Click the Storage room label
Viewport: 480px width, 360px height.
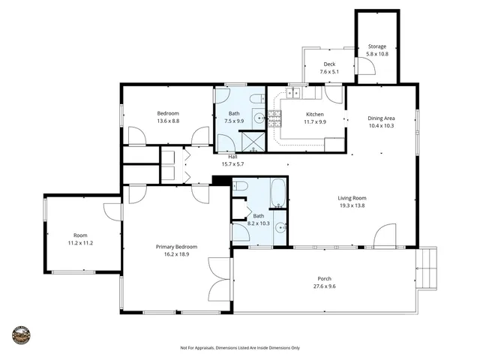377,46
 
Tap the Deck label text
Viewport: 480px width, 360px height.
328,64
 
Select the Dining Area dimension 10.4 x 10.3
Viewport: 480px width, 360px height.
381,126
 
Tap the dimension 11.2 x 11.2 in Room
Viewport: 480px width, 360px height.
80,243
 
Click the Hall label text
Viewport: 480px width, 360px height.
232,156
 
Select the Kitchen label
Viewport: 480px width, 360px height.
314,114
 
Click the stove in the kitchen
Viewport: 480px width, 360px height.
274,118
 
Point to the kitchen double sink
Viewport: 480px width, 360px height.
292,93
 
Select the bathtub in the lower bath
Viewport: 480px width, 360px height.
277,193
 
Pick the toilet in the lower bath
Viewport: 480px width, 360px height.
241,187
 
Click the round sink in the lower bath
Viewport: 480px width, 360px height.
279,227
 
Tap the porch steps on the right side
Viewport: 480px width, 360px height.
427,267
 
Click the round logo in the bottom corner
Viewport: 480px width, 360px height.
22,334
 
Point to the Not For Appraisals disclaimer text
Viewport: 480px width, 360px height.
239,348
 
